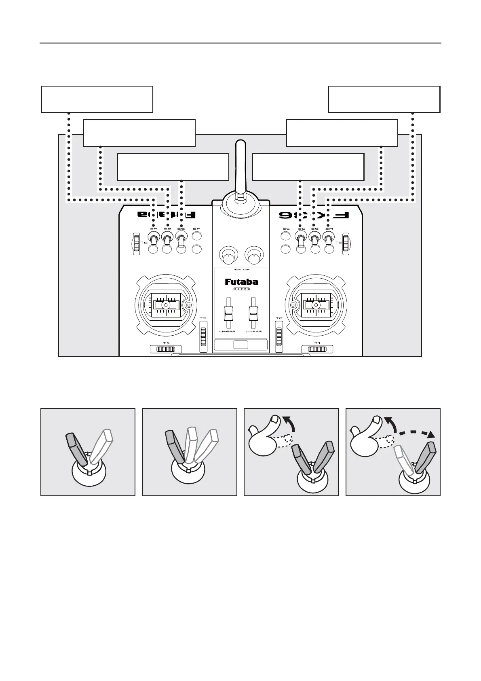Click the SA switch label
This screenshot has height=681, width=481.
pyautogui.click(x=154, y=229)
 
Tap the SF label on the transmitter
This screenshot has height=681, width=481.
pyautogui.click(x=197, y=229)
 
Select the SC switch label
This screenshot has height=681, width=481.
pyautogui.click(x=286, y=229)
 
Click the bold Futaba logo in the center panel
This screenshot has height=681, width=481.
pyautogui.click(x=241, y=282)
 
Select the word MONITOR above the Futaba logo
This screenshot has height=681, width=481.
pyautogui.click(x=241, y=270)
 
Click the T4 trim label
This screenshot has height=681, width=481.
pyautogui.click(x=166, y=343)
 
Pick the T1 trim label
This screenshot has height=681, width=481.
pyautogui.click(x=317, y=343)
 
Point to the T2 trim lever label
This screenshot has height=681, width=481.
pyautogui.click(x=279, y=319)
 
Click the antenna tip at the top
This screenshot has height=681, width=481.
pyautogui.click(x=240, y=144)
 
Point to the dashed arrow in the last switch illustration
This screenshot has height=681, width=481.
pyautogui.click(x=416, y=434)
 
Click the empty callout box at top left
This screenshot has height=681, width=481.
pyautogui.click(x=97, y=99)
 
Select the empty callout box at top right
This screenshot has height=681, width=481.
pyautogui.click(x=384, y=99)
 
